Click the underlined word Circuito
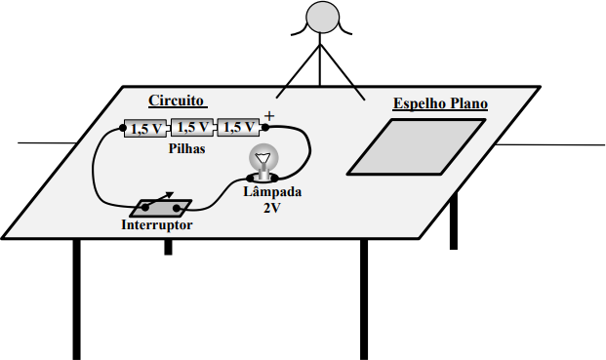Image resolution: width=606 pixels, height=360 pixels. tap(177, 100)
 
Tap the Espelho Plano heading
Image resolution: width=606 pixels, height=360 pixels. tap(440, 103)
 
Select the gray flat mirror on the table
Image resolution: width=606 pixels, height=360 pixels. tap(417, 147)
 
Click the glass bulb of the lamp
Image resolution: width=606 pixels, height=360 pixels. tap(263, 156)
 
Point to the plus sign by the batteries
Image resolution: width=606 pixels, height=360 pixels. tap(269, 116)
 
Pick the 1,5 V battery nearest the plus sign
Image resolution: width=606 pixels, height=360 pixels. tap(238, 128)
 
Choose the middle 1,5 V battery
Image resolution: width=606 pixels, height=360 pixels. tap(192, 128)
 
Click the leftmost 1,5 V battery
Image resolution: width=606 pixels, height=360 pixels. tap(145, 129)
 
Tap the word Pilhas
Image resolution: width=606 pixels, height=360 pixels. tap(186, 148)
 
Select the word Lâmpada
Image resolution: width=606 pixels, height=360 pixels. tap(272, 191)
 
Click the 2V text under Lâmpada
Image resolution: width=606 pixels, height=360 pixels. tap(271, 208)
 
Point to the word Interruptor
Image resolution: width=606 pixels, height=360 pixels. tap(156, 224)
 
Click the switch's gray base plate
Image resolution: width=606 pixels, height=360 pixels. tap(160, 208)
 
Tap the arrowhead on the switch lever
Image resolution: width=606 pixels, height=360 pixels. tap(170, 195)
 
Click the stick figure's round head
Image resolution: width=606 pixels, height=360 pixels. tap(322, 18)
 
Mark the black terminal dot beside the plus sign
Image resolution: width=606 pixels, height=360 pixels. tap(265, 127)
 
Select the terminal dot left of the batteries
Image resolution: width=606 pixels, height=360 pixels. tap(123, 128)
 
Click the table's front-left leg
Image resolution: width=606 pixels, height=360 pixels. tap(76, 300)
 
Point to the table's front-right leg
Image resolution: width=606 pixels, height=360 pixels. tap(364, 300)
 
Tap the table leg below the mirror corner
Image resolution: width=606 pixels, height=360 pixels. tap(454, 220)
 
